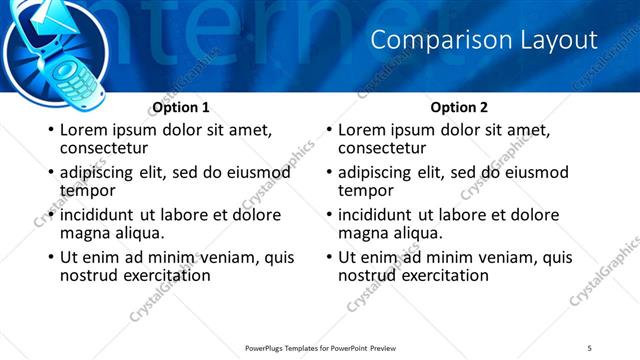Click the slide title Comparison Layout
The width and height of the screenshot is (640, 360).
[484, 40]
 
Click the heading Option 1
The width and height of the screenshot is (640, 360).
[181, 107]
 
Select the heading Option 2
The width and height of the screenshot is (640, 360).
[460, 107]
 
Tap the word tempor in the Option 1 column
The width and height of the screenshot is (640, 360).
[87, 190]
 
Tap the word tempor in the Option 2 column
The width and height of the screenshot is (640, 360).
[366, 190]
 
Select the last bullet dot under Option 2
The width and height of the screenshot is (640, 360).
[328, 257]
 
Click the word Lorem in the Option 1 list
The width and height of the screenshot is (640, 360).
[84, 130]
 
